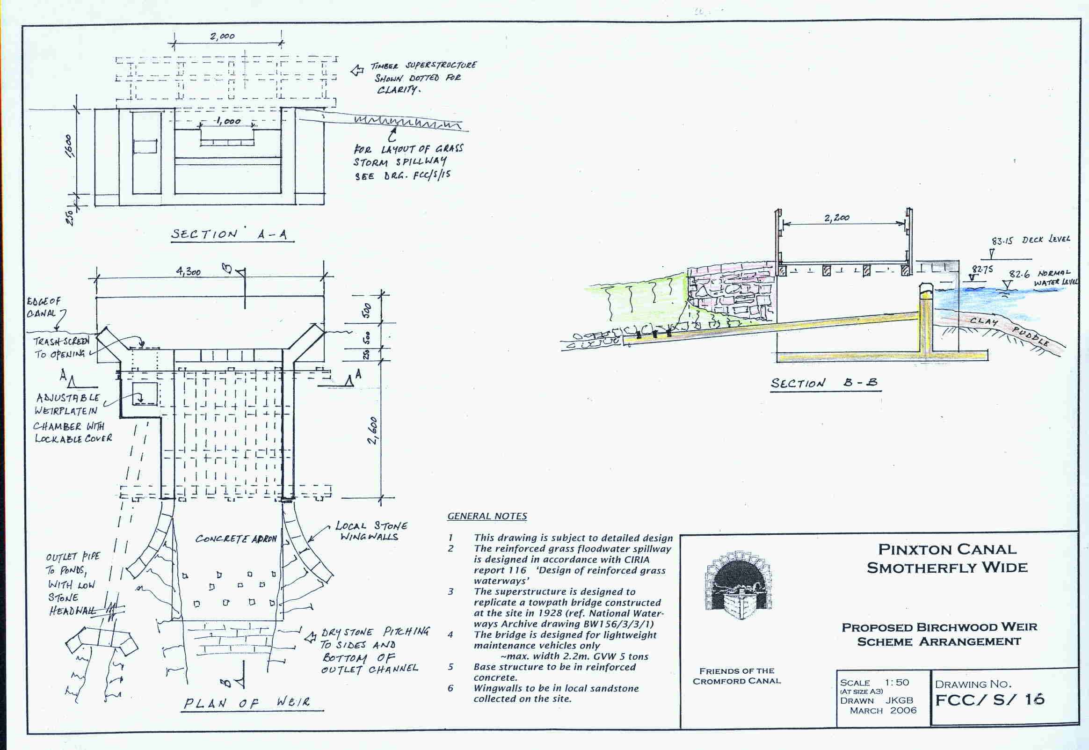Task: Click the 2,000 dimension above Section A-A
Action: (x=222, y=36)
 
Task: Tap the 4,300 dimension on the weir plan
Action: (x=188, y=272)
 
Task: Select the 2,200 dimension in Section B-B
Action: (x=837, y=218)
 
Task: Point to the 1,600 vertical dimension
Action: (x=69, y=146)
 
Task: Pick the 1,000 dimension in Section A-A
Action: (x=228, y=121)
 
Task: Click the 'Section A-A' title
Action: (x=229, y=234)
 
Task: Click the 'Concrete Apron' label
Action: (x=236, y=539)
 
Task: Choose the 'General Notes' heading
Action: (x=487, y=516)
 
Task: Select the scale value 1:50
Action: (x=896, y=682)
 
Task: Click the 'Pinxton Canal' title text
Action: (x=948, y=549)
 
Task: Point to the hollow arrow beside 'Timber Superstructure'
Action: (x=357, y=71)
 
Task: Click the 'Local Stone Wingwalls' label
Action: (x=371, y=531)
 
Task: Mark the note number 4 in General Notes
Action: (x=450, y=634)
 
